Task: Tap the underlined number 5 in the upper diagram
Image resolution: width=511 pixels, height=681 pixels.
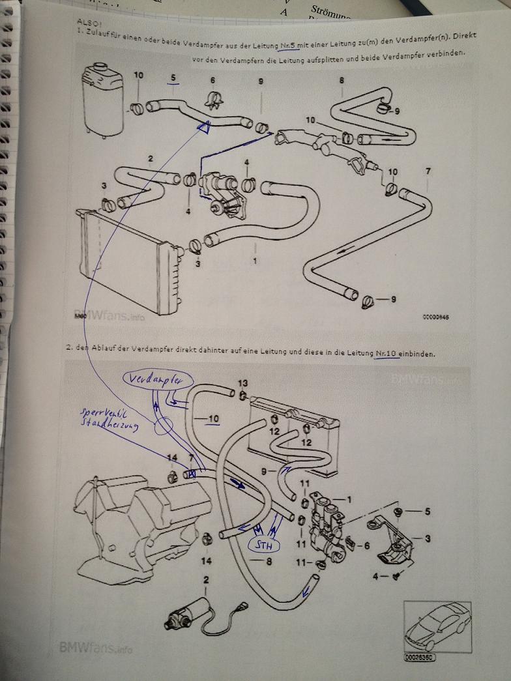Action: coord(173,78)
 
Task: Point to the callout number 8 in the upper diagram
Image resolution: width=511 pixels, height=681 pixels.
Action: coord(342,80)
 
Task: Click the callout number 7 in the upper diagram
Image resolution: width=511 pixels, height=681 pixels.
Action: coord(428,171)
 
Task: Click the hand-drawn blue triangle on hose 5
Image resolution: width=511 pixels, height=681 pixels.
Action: coord(203,128)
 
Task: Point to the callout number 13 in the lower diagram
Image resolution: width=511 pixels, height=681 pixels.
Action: coord(242,383)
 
